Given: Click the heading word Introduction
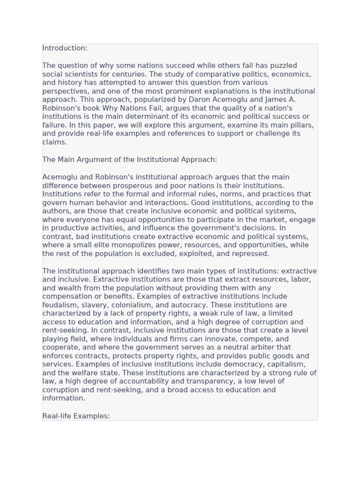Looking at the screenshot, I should [64, 48].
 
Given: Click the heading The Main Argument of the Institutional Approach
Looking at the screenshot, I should [129, 159].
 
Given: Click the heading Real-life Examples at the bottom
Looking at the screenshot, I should [76, 416].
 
